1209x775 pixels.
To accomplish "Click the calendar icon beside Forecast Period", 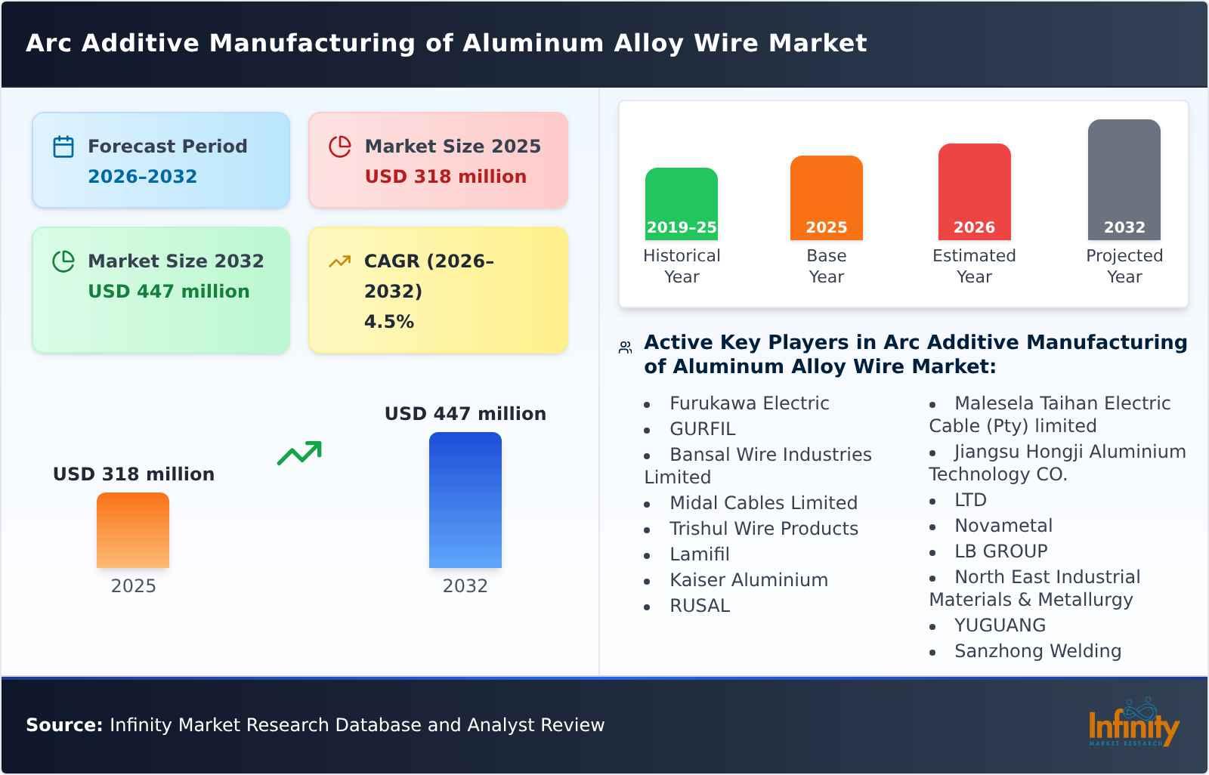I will (x=63, y=147).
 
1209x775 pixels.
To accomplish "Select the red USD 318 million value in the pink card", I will (x=445, y=177).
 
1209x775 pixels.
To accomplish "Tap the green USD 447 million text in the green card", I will (x=169, y=292).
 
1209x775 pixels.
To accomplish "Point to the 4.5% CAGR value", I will (x=388, y=322).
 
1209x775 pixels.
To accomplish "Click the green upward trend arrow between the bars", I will (x=299, y=453).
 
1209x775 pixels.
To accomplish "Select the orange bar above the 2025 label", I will (x=133, y=530).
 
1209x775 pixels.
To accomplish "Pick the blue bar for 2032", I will (x=465, y=500).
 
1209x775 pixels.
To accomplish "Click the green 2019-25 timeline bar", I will (x=681, y=204).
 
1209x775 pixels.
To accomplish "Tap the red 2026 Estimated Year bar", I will (x=974, y=192).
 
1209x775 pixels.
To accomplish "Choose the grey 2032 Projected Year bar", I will (x=1124, y=180).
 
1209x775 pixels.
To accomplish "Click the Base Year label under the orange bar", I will (x=826, y=266).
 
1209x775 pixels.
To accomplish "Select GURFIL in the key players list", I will (x=702, y=429).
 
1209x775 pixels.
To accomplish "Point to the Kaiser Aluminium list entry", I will (x=748, y=580).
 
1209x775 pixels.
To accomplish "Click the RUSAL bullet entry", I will (x=699, y=606).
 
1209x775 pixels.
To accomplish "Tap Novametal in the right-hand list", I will (x=1003, y=526).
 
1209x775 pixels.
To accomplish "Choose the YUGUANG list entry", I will (x=1000, y=625).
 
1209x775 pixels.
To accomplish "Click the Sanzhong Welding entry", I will (x=1037, y=651).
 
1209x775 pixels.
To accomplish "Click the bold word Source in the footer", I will (x=63, y=725).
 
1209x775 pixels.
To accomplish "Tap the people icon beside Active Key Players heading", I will (x=625, y=347).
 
